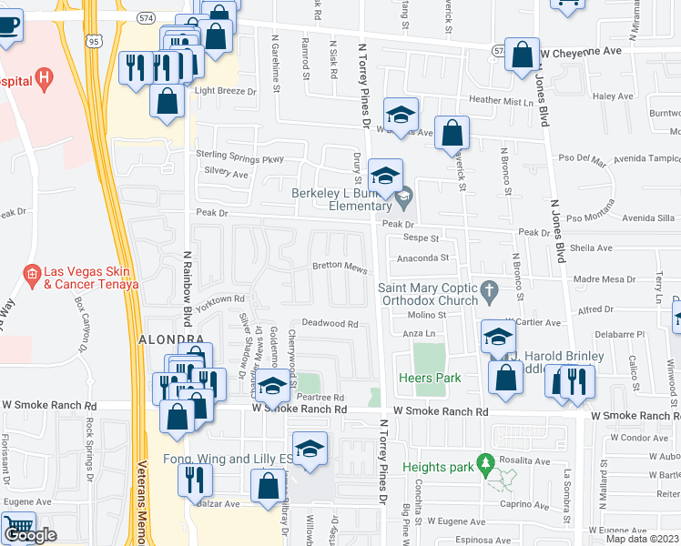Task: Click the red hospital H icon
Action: click(44, 79)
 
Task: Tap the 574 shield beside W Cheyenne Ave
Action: click(498, 52)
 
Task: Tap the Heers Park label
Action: click(430, 378)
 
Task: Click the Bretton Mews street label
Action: click(339, 267)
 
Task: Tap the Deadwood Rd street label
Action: click(330, 323)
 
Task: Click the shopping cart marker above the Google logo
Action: click(17, 526)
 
